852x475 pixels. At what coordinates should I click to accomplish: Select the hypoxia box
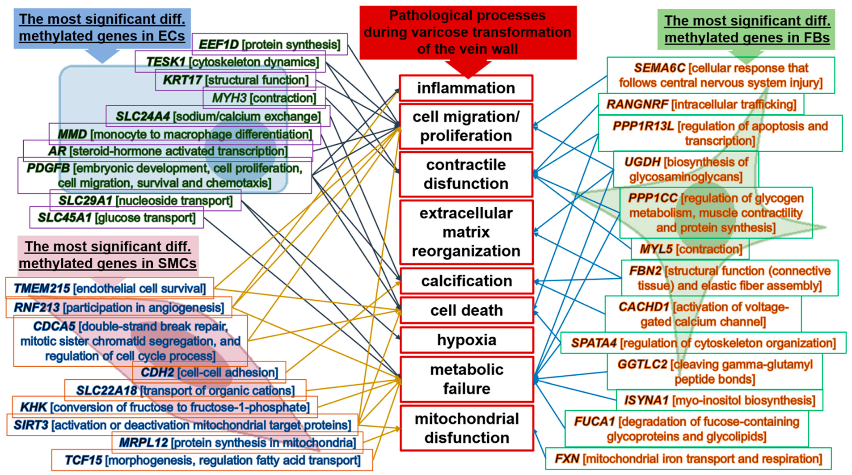click(466, 340)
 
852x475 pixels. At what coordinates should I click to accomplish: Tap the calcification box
click(466, 281)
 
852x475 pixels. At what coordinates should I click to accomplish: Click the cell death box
click(466, 310)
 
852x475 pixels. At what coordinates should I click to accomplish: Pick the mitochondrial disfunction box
click(466, 428)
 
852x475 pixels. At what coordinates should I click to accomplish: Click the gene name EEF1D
click(218, 44)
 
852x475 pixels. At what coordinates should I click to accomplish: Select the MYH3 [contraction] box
click(264, 98)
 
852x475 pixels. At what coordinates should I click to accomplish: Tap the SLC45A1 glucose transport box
click(116, 218)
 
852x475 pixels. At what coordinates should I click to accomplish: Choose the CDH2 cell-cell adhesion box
click(209, 372)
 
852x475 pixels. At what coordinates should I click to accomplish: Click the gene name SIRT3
click(31, 425)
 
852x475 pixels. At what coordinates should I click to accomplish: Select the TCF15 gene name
click(83, 460)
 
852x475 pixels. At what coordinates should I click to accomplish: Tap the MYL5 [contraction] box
click(690, 249)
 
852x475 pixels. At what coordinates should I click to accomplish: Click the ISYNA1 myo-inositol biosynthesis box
click(719, 400)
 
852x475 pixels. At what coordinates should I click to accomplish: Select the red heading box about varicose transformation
click(468, 32)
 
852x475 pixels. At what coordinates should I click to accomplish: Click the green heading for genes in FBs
click(747, 29)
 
